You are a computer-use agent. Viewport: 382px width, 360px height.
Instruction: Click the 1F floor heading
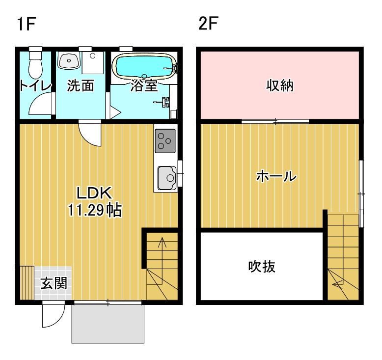click(26, 23)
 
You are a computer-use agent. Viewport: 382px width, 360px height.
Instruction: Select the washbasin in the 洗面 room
click(68, 61)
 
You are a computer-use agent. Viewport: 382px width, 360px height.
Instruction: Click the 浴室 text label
click(144, 86)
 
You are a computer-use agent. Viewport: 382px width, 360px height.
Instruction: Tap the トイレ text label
click(35, 86)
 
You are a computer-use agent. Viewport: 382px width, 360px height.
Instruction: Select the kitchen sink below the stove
click(165, 177)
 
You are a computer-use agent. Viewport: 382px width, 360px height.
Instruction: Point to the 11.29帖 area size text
click(94, 211)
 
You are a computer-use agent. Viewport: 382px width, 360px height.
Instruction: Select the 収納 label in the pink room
click(280, 85)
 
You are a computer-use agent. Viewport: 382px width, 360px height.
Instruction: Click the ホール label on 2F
click(276, 176)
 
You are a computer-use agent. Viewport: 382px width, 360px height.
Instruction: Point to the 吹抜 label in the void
click(261, 267)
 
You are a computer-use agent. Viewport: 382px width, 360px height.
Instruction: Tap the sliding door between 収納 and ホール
click(275, 121)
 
